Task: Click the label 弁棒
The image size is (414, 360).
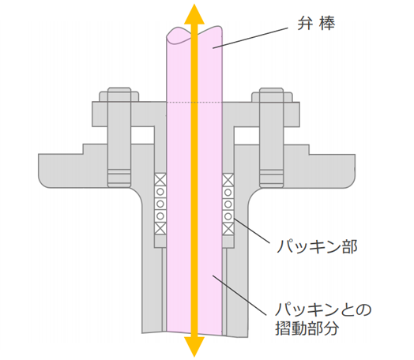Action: pyautogui.click(x=316, y=24)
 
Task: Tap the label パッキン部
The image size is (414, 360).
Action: pyautogui.click(x=317, y=247)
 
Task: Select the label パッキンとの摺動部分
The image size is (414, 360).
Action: pyautogui.click(x=323, y=319)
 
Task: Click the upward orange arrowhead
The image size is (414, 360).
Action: pyautogui.click(x=194, y=14)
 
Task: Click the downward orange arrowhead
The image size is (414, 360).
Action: pyautogui.click(x=194, y=347)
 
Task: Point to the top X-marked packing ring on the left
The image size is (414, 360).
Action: pyautogui.click(x=160, y=179)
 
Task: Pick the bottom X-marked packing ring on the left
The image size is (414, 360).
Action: pyautogui.click(x=160, y=228)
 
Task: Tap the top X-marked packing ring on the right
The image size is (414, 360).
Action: pyautogui.click(x=228, y=180)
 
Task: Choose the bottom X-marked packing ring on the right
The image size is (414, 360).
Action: pyautogui.click(x=228, y=229)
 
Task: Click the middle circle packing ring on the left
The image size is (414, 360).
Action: pyautogui.click(x=160, y=204)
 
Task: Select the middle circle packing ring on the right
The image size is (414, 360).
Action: pyautogui.click(x=228, y=204)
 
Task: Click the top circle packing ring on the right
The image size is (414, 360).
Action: pyautogui.click(x=228, y=192)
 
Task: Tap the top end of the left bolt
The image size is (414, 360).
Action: pyautogui.click(x=119, y=88)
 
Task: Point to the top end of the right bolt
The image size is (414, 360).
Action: pyautogui.click(x=272, y=88)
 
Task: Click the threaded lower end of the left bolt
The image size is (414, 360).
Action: pyautogui.click(x=119, y=178)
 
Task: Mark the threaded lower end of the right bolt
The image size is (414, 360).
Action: pyautogui.click(x=272, y=178)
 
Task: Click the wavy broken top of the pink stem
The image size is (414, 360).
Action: pyautogui.click(x=194, y=35)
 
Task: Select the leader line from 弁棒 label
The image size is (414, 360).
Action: pyautogui.click(x=250, y=37)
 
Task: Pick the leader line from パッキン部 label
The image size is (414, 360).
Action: pyautogui.click(x=252, y=231)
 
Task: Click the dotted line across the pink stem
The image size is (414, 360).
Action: pyautogui.click(x=194, y=102)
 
